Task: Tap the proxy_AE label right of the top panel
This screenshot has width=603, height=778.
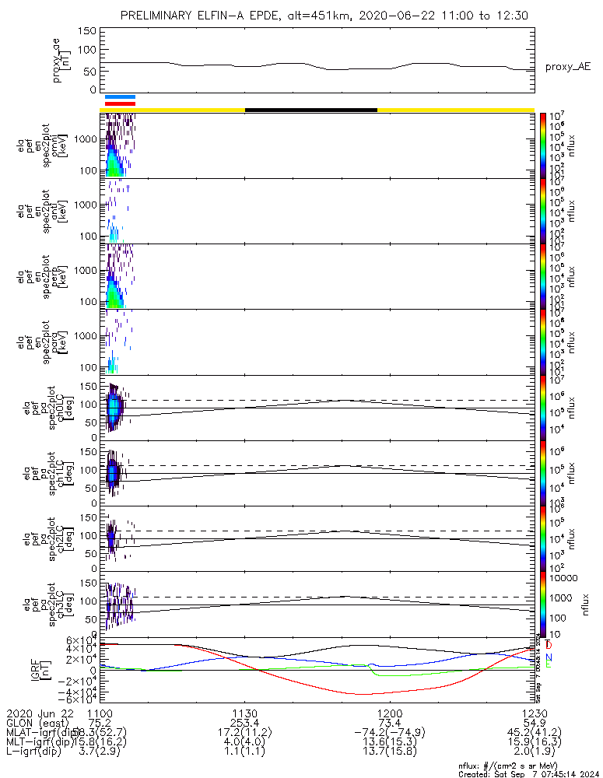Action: pyautogui.click(x=567, y=67)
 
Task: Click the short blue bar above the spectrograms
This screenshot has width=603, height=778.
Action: pyautogui.click(x=120, y=97)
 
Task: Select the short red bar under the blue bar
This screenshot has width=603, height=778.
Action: pyautogui.click(x=120, y=103)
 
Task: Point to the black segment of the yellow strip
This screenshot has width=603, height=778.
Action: pyautogui.click(x=311, y=110)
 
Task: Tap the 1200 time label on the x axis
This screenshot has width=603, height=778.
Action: pyautogui.click(x=389, y=712)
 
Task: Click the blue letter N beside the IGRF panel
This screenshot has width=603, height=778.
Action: pyautogui.click(x=549, y=657)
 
